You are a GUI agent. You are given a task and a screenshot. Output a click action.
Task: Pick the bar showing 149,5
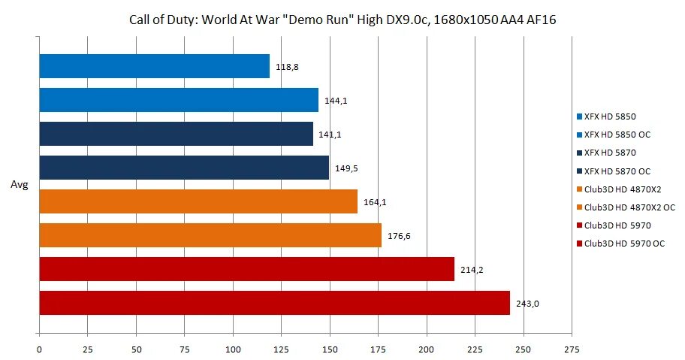tap(183, 168)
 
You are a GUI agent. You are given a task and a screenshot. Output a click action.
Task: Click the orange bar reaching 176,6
tap(210, 235)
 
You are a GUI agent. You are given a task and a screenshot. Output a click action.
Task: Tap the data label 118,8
tap(286, 67)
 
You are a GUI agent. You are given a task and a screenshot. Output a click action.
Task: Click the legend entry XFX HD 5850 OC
tap(617, 135)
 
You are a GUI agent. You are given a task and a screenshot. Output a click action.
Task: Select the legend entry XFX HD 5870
tap(609, 153)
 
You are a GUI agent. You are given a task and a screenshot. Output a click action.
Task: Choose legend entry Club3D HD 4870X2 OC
tap(629, 207)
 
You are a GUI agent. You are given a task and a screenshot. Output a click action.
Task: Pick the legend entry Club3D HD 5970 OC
tap(624, 243)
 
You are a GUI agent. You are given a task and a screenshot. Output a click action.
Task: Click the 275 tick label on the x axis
tap(572, 349)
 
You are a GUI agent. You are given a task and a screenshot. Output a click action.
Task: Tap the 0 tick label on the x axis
tap(39, 349)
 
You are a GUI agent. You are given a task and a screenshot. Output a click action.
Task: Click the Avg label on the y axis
tap(19, 184)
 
